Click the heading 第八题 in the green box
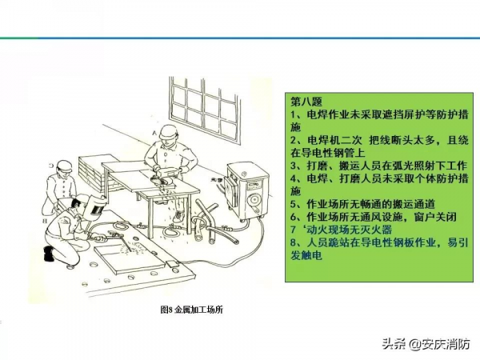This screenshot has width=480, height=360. (306, 101)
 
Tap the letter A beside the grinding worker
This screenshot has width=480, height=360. (154, 133)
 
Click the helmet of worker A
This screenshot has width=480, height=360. (169, 131)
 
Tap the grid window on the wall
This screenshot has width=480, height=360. (204, 110)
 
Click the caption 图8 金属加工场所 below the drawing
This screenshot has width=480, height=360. (192, 310)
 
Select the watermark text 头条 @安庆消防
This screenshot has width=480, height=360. (426, 344)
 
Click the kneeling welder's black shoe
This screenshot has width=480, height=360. (49, 254)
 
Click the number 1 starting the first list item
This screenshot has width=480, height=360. (294, 114)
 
